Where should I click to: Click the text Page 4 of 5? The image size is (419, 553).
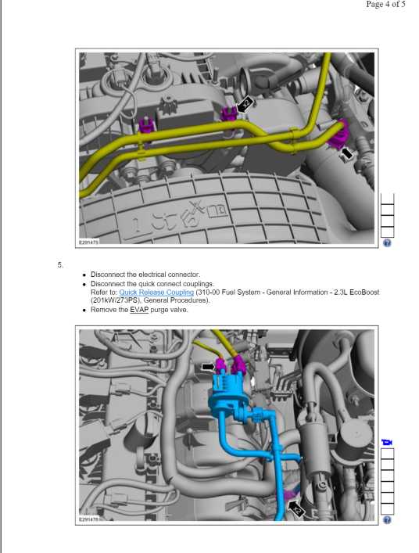pyautogui.click(x=385, y=4)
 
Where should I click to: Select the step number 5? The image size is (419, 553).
pyautogui.click(x=60, y=265)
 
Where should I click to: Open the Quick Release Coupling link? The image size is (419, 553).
pyautogui.click(x=156, y=293)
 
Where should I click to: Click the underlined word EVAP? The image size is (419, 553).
pyautogui.click(x=139, y=310)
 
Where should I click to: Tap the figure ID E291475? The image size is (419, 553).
pyautogui.click(x=89, y=242)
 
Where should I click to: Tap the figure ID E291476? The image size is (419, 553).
pyautogui.click(x=89, y=519)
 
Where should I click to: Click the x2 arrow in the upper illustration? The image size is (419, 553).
pyautogui.click(x=245, y=104)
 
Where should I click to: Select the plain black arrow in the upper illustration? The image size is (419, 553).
pyautogui.click(x=346, y=153)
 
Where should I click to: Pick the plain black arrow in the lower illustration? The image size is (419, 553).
pyautogui.click(x=209, y=367)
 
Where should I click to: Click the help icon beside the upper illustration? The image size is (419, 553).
pyautogui.click(x=387, y=242)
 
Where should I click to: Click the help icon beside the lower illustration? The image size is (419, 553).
pyautogui.click(x=387, y=520)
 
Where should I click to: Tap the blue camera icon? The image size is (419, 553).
pyautogui.click(x=387, y=442)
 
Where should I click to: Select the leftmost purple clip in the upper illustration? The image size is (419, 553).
pyautogui.click(x=146, y=126)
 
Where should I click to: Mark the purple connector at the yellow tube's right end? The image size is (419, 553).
pyautogui.click(x=339, y=136)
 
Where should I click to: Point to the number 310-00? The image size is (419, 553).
pyautogui.click(x=209, y=292)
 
